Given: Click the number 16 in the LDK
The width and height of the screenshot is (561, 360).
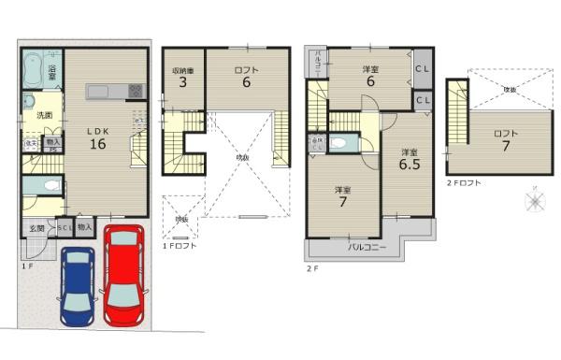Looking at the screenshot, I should (x=97, y=144).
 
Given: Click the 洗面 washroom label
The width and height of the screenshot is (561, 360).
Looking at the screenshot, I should (x=44, y=115).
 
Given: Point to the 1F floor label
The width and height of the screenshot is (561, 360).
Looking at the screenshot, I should (x=27, y=266).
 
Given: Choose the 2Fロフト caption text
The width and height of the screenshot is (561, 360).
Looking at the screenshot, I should (x=464, y=183).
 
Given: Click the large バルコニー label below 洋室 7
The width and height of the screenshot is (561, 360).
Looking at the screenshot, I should (x=363, y=248).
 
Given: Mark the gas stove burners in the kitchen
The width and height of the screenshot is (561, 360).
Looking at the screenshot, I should (x=135, y=91).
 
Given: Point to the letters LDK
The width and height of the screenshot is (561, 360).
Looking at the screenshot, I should (x=97, y=130).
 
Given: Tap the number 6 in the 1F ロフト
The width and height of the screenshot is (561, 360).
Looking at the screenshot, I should (x=248, y=83).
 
